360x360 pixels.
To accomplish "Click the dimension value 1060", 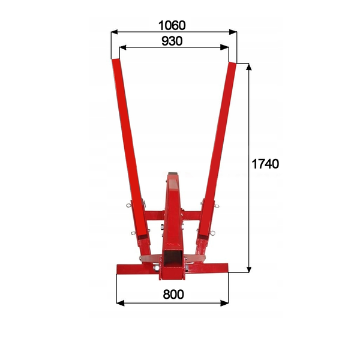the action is coord(172,25).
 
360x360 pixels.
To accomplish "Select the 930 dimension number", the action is coord(172,41).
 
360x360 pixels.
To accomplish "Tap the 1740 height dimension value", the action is coord(265,164).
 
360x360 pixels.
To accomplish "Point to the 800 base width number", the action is coord(173,294).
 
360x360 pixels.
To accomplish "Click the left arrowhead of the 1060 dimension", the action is coord(115,32).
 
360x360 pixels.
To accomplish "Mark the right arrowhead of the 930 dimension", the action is coord(224,47).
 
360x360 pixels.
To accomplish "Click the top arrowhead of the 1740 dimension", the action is coord(248,67).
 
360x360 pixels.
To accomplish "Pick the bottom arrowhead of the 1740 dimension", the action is coord(248,269).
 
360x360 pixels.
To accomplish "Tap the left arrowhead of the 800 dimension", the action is coord(121,303).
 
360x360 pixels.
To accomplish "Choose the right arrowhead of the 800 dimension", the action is coord(224,303).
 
